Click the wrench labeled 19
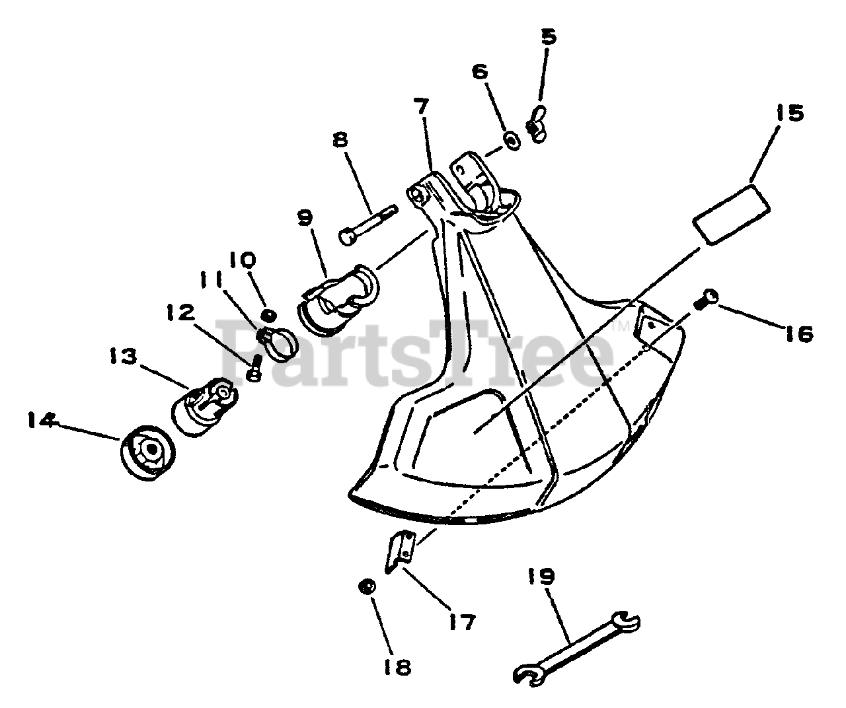[x=575, y=647]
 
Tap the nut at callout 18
[x=367, y=586]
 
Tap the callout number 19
[x=541, y=577]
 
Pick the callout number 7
[x=421, y=106]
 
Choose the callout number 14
[x=42, y=421]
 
